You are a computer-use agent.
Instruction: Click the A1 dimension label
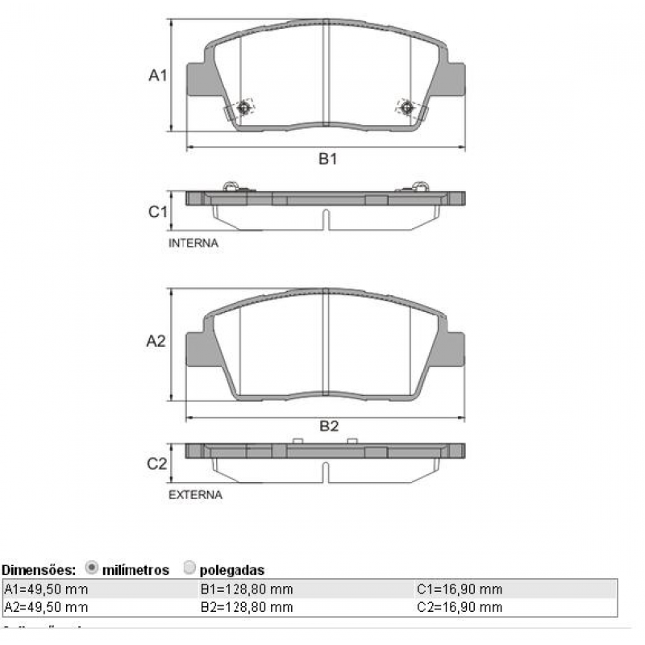coord(157,76)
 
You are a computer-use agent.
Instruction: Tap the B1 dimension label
coord(327,160)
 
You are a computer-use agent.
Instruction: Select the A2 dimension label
coord(156,341)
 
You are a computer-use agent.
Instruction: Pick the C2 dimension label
coord(156,464)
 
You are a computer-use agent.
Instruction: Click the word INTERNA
coord(193,242)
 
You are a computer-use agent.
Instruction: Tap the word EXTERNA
coord(195,494)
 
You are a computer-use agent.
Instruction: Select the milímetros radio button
coord(91,568)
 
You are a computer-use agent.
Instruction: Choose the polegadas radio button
coord(189,568)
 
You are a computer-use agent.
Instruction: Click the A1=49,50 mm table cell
coord(46,589)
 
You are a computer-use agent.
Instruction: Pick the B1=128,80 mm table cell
coord(246,589)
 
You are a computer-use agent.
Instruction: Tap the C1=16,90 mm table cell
coord(460,589)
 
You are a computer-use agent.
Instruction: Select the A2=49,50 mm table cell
coord(46,607)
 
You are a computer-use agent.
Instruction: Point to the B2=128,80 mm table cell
coord(246,607)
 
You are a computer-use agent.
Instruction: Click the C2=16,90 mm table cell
coord(460,607)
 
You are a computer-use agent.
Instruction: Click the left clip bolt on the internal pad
coord(244,106)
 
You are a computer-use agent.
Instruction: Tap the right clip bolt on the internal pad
coord(406,106)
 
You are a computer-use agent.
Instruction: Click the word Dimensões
coord(39,570)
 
